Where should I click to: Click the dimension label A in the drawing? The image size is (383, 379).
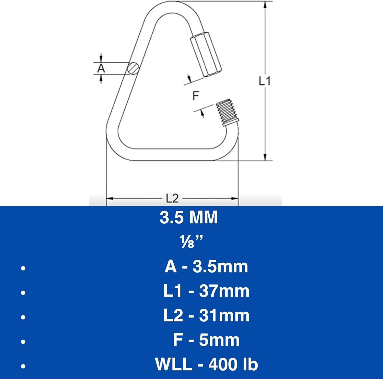click(x=101, y=68)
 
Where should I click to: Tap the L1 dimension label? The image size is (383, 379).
click(x=265, y=81)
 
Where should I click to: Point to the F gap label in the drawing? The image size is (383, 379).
click(x=196, y=96)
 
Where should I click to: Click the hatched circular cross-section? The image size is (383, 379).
click(x=133, y=68)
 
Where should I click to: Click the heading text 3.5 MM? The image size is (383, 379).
click(x=189, y=217)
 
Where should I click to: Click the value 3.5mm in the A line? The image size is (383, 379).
click(x=220, y=267)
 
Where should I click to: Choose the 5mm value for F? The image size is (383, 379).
click(x=219, y=340)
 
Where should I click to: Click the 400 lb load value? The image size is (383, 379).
click(x=233, y=364)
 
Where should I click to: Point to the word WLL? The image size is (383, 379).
click(x=173, y=364)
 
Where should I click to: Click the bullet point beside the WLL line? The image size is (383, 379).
click(x=23, y=366)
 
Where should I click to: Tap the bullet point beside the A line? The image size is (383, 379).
click(x=23, y=268)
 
